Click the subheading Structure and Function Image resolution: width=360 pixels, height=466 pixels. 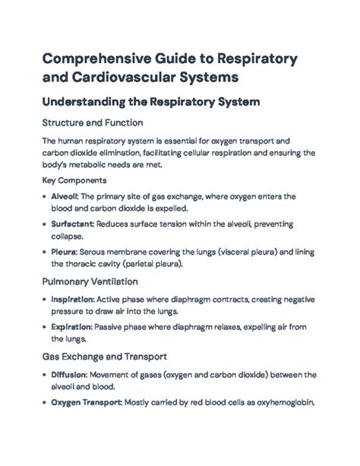click(92, 122)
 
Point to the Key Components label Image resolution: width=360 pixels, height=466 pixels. click(74, 181)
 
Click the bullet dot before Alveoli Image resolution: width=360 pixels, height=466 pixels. click(44, 196)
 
